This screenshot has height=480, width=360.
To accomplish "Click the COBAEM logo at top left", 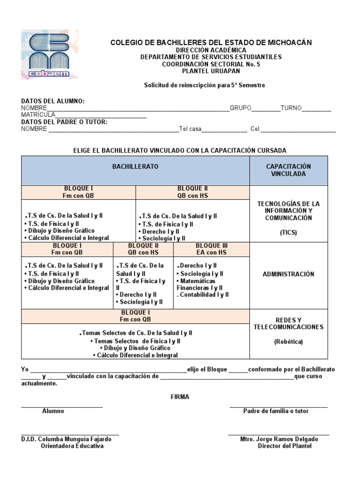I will pyautogui.click(x=49, y=54).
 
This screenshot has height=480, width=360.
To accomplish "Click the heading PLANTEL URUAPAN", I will pyautogui.click(x=210, y=71).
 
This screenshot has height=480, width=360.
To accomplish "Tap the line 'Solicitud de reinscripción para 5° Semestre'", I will pyautogui.click(x=204, y=85).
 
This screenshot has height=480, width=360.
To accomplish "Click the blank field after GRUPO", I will pyautogui.click(x=266, y=109).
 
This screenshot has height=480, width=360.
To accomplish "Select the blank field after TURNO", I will pyautogui.click(x=316, y=109).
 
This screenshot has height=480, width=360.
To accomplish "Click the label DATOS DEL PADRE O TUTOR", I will pyautogui.click(x=64, y=122).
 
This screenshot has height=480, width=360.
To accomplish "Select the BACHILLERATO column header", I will pyautogui.click(x=135, y=167).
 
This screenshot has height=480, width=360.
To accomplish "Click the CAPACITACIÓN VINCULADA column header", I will pyautogui.click(x=288, y=170).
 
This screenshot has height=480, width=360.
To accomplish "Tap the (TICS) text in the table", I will pyautogui.click(x=288, y=232).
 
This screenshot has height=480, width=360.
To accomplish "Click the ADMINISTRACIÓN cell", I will pyautogui.click(x=288, y=274).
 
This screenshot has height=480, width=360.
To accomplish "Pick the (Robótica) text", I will pyautogui.click(x=288, y=342).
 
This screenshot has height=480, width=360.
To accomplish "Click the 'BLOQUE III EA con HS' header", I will pyautogui.click(x=211, y=249).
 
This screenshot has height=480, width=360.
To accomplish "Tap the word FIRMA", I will pyautogui.click(x=180, y=397).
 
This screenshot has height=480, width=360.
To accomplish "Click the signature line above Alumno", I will pyautogui.click(x=61, y=405).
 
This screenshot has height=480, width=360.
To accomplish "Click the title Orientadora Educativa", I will pyautogui.click(x=72, y=446).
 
